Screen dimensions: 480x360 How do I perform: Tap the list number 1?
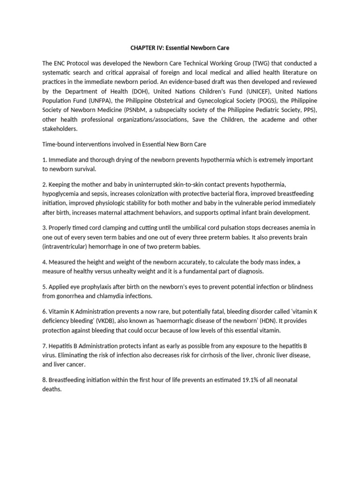click(44, 160)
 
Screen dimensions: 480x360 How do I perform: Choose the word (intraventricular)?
click(66, 247)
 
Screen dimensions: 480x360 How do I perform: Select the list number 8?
click(44, 380)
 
